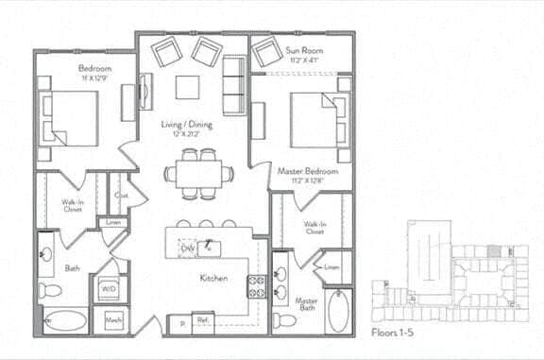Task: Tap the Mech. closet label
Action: [113, 321]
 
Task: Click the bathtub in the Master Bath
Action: [338, 309]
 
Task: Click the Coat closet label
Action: [121, 196]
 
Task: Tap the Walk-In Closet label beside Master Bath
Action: [315, 227]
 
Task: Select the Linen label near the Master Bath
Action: [331, 267]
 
